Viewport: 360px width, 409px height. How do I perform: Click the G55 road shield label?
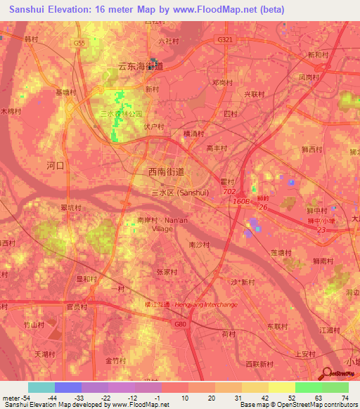click(x=79, y=43)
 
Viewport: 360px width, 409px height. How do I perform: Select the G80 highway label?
click(x=181, y=324)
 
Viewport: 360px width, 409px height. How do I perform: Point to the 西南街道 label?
click(x=167, y=171)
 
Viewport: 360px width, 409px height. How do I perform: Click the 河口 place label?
click(x=55, y=166)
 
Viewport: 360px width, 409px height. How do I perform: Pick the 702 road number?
click(x=229, y=191)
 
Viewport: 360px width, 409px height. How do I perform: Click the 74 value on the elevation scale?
click(x=346, y=398)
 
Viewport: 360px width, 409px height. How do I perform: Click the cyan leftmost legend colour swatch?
click(x=41, y=387)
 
